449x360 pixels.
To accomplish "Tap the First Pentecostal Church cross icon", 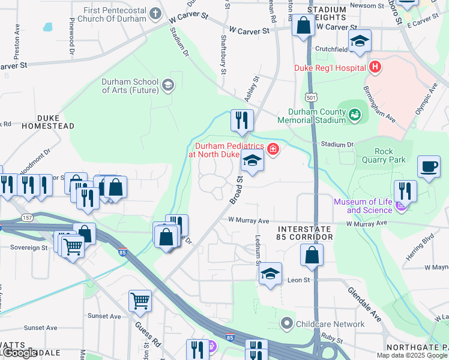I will [x=155, y=13].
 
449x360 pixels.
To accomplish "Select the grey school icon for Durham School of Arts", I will [x=167, y=84].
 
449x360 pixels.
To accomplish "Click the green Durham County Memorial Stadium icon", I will [x=355, y=113].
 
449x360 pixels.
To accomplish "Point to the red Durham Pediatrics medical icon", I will [x=273, y=148].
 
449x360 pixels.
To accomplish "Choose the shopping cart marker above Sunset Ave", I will [x=140, y=302].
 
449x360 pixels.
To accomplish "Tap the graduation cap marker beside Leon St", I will [x=270, y=274].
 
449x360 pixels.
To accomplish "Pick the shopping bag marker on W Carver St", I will [x=303, y=26].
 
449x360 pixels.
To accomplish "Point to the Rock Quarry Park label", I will [x=384, y=156].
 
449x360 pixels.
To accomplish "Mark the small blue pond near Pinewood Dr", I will [x=47, y=27].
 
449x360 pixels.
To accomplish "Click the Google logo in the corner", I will [x=19, y=352].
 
